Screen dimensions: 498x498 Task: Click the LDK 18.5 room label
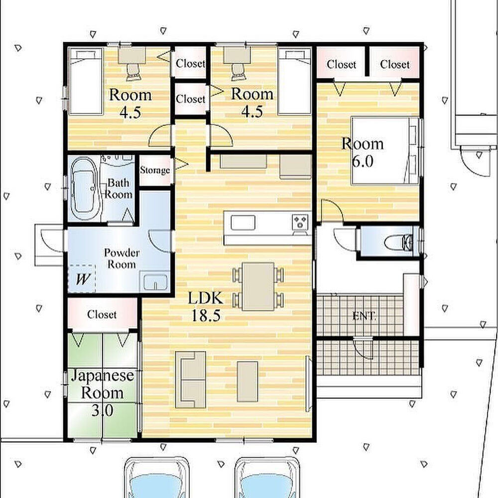206,307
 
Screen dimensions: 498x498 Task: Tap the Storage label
155,170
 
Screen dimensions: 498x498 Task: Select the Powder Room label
122,258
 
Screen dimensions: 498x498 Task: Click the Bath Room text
119,188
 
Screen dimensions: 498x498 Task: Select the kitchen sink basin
243,222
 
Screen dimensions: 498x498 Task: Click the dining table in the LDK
258,286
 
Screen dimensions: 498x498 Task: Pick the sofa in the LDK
191,379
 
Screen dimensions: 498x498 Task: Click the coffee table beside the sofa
248,381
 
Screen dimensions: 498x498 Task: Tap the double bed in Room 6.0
384,150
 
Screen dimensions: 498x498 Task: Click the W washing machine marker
82,279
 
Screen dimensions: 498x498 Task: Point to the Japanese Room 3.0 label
103,393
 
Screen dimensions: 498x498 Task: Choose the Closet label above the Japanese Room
102,314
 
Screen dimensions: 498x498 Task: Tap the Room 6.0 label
363,152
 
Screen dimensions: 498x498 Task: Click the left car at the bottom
156,478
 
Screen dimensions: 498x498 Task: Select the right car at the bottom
268,478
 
